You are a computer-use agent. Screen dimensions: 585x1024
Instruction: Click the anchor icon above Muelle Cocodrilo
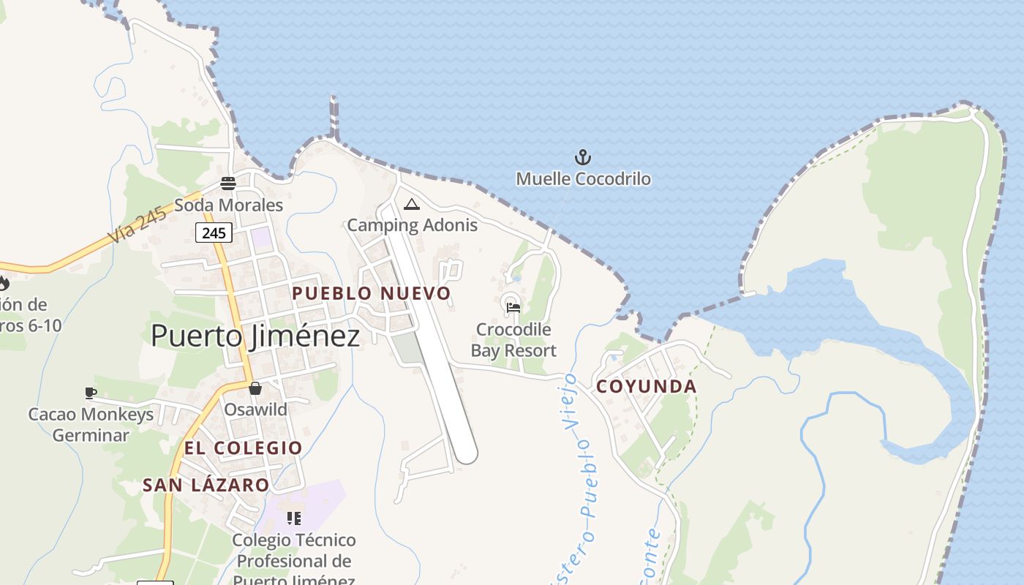pos(583,156)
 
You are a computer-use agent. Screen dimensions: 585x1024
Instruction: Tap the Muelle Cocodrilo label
pos(583,178)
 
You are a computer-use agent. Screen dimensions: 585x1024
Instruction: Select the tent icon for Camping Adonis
pos(412,204)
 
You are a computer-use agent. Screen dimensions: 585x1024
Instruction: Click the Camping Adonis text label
pos(412,225)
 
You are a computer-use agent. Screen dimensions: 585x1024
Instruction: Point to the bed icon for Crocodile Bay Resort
pos(513,307)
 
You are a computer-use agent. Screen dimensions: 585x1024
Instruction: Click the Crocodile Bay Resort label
pos(513,340)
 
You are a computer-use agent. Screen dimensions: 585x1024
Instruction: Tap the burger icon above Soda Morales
pos(228,183)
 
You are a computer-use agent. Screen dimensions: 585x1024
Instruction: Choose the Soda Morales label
pos(228,205)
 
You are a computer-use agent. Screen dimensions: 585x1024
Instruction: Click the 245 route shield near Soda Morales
pos(214,233)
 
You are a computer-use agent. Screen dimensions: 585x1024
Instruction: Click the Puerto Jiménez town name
pos(255,336)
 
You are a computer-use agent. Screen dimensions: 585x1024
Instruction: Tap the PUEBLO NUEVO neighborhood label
pos(372,293)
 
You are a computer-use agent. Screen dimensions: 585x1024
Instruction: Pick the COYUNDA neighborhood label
pos(647,387)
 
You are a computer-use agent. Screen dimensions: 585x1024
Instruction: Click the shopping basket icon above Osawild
pos(255,388)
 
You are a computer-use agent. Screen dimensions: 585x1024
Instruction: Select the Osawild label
pos(255,409)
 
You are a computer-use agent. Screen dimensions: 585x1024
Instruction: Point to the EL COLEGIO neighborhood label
pos(243,448)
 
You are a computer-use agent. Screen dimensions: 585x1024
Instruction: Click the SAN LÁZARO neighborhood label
pos(206,485)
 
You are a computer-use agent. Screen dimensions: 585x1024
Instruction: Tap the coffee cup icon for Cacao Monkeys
pos(91,393)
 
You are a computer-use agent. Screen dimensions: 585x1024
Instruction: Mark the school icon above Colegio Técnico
pos(294,518)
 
